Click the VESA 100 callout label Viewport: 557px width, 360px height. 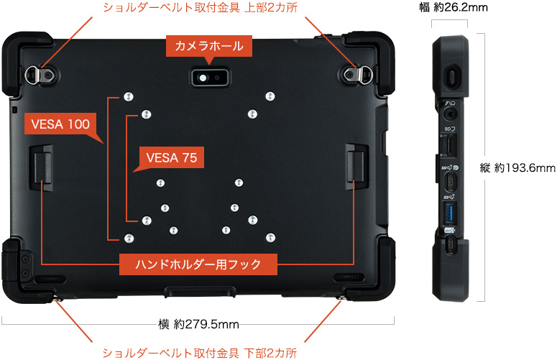[60, 124]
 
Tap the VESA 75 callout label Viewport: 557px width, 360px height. [172, 157]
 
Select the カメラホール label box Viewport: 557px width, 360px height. [209, 46]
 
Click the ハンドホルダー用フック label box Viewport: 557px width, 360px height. [198, 264]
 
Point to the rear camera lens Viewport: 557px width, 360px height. [203, 78]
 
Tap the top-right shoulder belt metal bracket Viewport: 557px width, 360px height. [358, 74]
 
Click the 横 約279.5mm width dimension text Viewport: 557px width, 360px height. [198, 324]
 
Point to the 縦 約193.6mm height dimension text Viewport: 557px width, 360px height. [517, 167]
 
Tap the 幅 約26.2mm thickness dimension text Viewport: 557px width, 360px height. [454, 7]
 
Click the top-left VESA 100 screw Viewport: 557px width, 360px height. [128, 96]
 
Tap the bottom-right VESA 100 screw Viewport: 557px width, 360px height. [270, 238]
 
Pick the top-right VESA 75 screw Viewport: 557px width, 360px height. [252, 114]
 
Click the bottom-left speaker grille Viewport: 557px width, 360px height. [50, 279]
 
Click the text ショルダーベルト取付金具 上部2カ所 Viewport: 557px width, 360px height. [201, 7]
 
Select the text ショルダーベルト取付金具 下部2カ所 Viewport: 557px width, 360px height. [200, 353]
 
